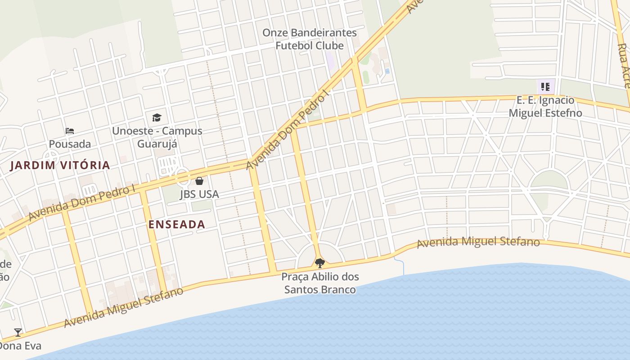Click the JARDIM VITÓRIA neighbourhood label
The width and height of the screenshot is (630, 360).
[x=60, y=165]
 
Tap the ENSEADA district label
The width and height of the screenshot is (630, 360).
[x=177, y=224]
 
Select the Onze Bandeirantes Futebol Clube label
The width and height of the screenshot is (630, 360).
[x=309, y=39]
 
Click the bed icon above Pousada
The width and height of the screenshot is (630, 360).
[x=70, y=131]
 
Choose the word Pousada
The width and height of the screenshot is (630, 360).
[x=70, y=144]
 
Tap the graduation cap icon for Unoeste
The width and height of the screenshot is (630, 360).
[x=157, y=117]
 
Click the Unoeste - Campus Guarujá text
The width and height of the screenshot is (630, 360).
[x=157, y=137]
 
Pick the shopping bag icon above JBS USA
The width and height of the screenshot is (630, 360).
[x=199, y=181]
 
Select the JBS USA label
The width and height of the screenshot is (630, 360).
[x=199, y=194]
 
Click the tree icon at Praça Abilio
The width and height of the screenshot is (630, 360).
[x=319, y=263]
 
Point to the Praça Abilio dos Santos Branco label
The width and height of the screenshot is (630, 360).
[x=320, y=283]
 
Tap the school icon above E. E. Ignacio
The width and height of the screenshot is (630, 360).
[x=545, y=86]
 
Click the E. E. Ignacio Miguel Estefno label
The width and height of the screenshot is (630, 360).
[x=545, y=106]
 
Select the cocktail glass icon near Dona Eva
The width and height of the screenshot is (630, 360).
[x=18, y=333]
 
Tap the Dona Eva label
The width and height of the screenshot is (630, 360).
[x=20, y=346]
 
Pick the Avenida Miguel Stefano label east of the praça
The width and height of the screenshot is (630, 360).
[x=478, y=242]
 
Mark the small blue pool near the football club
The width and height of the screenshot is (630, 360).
[x=387, y=71]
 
